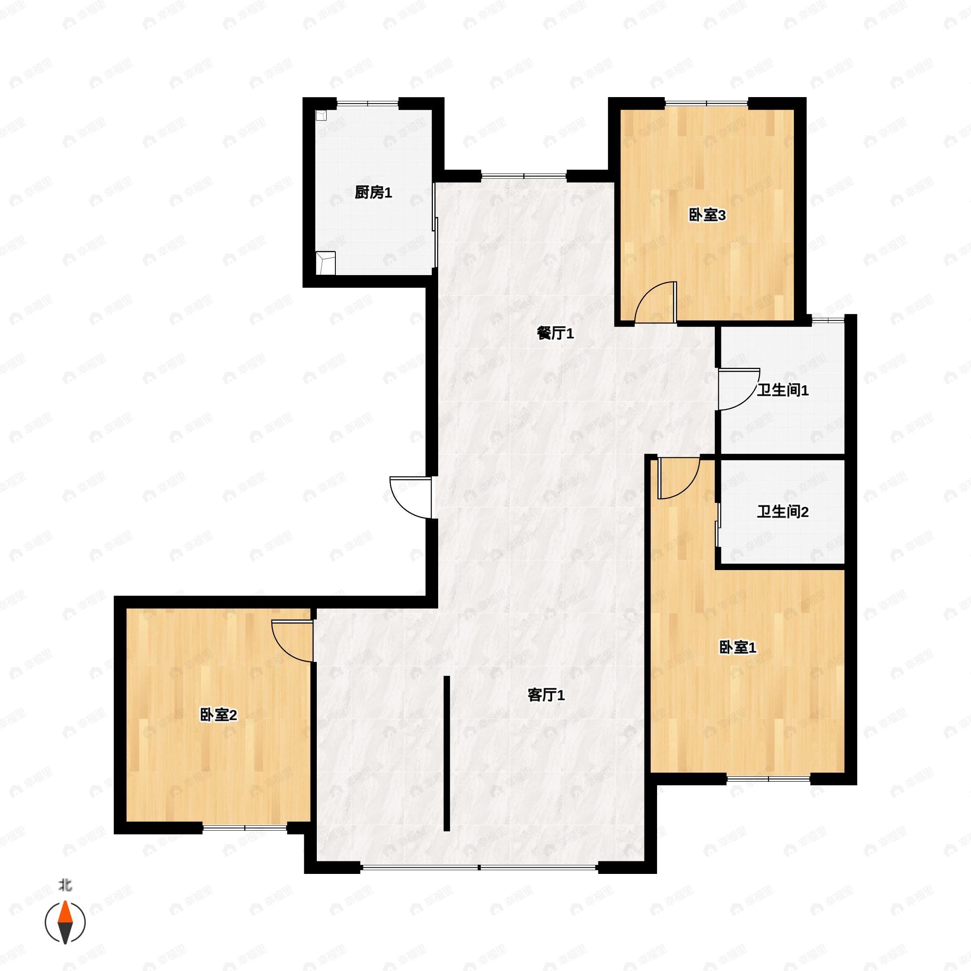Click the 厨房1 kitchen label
point(373,193)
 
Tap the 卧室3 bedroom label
point(707,216)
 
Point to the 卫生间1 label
point(782,390)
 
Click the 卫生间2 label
point(782,512)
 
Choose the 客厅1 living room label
point(546,695)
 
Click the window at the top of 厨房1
point(367,104)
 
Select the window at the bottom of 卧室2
point(245,827)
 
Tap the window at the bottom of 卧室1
point(768,778)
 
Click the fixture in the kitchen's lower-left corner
point(325,263)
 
